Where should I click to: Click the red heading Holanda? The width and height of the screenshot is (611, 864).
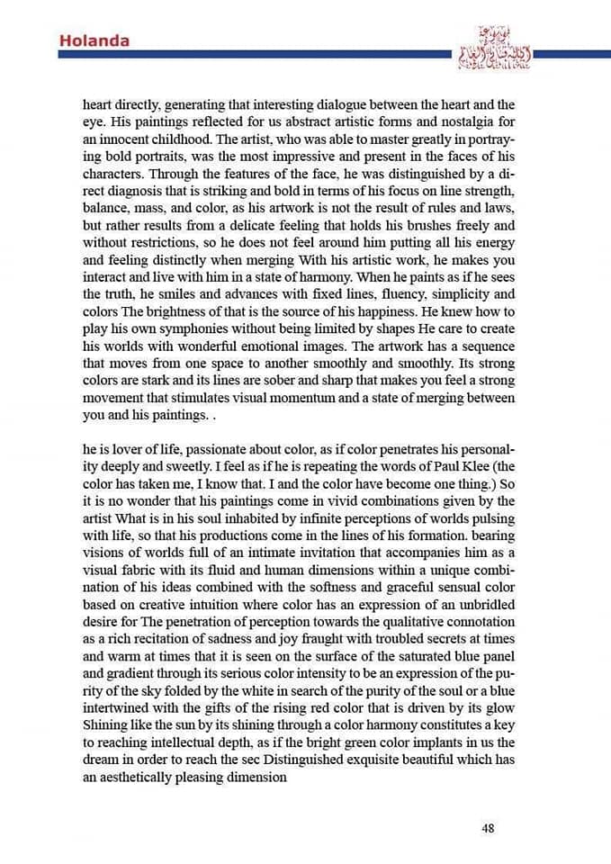[94, 40]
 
